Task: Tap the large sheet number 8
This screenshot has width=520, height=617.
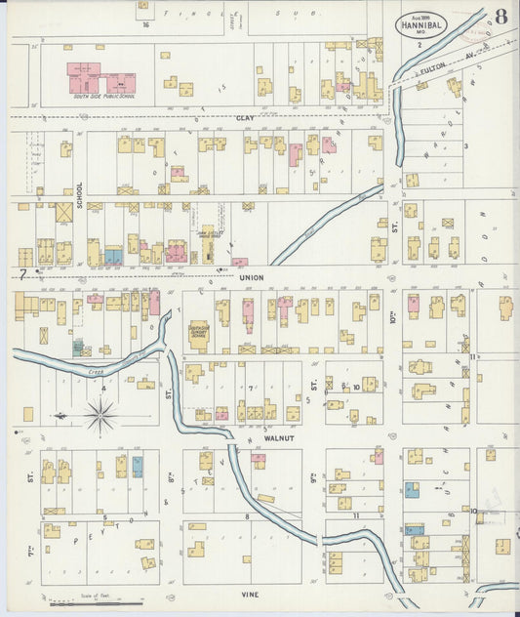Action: point(500,17)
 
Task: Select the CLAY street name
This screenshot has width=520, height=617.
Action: point(245,117)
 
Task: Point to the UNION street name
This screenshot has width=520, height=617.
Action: point(251,277)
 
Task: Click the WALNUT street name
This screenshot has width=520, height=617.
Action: point(279,438)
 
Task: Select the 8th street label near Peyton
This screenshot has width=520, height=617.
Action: point(171,478)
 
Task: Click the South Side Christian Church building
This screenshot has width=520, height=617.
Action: point(199,334)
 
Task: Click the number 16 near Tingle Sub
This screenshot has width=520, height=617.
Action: point(145,24)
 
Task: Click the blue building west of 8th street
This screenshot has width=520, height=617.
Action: point(138,466)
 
